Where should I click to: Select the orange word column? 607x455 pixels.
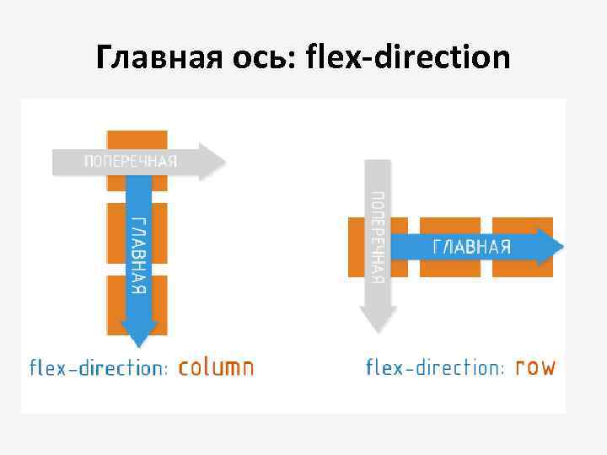[216, 367]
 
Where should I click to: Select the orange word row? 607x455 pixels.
[534, 367]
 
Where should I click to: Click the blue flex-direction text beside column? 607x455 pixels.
[99, 367]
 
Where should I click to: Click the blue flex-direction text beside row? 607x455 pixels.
[435, 367]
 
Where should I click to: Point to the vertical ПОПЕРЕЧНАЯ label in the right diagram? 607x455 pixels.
[378, 237]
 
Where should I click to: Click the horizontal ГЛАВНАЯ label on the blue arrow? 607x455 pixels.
[471, 247]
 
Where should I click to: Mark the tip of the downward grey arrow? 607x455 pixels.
[378, 326]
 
